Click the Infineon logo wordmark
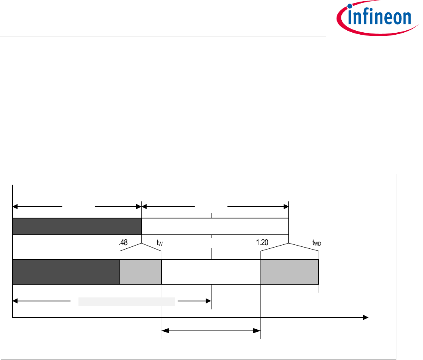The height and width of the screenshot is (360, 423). [x=379, y=18]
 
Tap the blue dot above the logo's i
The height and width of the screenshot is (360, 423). [x=350, y=6]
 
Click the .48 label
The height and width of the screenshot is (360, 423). [x=123, y=242]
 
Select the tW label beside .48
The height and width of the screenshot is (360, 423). [x=160, y=242]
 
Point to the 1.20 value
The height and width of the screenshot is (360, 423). [x=262, y=242]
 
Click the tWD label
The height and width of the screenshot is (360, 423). [x=317, y=242]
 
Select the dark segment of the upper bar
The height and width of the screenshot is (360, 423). [x=77, y=226]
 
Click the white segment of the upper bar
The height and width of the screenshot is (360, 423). [x=215, y=226]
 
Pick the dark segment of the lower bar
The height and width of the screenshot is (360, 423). [x=66, y=272]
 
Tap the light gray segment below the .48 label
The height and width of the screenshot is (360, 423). [x=141, y=272]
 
